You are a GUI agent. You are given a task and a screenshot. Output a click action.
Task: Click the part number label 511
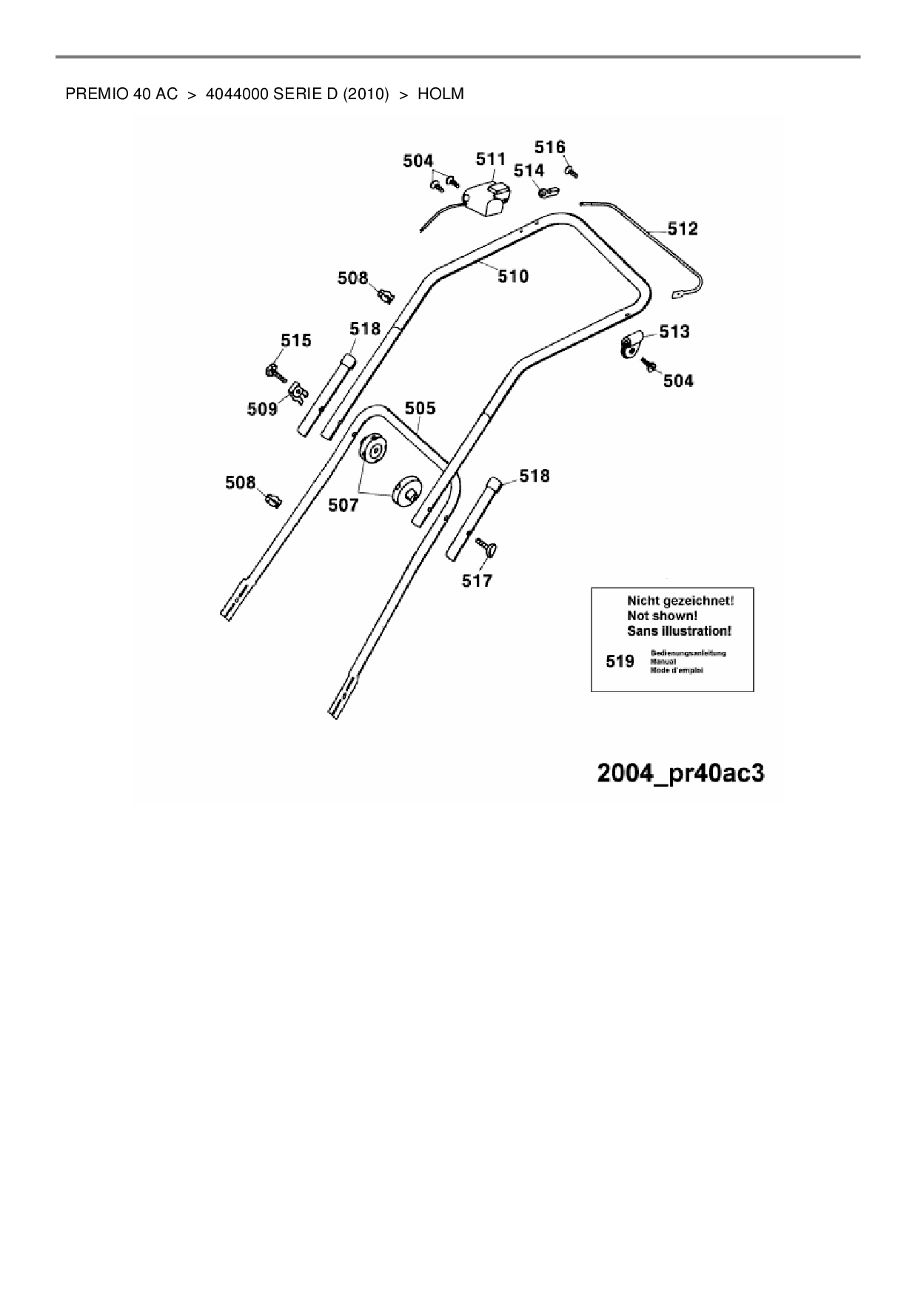(x=490, y=159)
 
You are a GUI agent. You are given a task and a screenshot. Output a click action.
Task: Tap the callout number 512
(x=683, y=229)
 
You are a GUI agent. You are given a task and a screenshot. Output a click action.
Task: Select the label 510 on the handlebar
(x=513, y=276)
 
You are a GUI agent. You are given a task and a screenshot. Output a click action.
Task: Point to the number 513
(x=674, y=332)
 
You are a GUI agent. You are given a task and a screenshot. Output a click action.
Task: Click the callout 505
(x=420, y=408)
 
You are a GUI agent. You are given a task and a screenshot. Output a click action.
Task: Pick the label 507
(x=343, y=505)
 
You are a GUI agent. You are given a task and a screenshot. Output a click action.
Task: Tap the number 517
(x=477, y=581)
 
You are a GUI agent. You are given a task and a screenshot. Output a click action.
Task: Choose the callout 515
(x=295, y=340)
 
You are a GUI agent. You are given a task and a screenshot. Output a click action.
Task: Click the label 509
(x=262, y=408)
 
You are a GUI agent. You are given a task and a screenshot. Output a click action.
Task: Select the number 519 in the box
(x=620, y=662)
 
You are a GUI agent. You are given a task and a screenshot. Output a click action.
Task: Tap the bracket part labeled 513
(x=630, y=345)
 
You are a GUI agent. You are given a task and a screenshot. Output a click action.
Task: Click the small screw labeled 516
(x=571, y=172)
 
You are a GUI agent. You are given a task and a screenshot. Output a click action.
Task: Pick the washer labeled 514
(x=547, y=192)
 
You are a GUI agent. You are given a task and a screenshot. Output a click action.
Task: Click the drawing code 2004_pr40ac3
(x=680, y=773)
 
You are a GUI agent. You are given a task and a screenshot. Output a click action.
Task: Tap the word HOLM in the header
(x=440, y=94)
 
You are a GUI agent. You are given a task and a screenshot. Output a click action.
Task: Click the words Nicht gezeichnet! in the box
(x=680, y=601)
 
